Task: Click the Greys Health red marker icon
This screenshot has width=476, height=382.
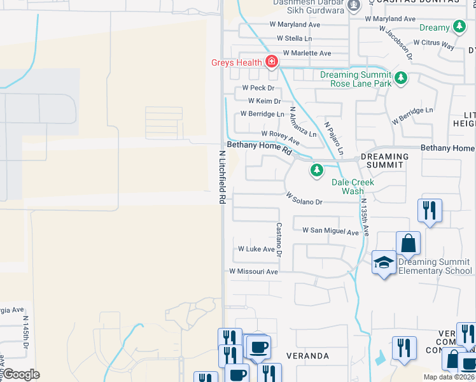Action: (x=272, y=62)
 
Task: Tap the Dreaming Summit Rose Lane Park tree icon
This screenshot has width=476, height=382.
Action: (x=400, y=78)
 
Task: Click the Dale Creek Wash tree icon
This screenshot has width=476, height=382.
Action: (x=316, y=170)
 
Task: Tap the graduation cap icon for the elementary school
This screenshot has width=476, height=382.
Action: (x=384, y=263)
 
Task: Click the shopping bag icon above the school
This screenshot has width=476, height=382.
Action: (x=407, y=243)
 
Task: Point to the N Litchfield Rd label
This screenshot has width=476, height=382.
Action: (x=222, y=177)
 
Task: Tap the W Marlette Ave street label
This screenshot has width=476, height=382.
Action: (x=307, y=53)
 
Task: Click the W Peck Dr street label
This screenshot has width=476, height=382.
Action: (x=258, y=88)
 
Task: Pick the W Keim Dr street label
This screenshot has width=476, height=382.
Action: (x=264, y=101)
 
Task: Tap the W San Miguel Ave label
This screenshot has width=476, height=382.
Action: (x=330, y=231)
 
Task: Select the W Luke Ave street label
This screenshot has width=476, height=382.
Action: (x=255, y=249)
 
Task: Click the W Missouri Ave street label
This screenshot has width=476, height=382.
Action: (x=254, y=271)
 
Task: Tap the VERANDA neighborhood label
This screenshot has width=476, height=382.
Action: (x=307, y=355)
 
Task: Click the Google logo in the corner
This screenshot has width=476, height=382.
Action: (x=21, y=374)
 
